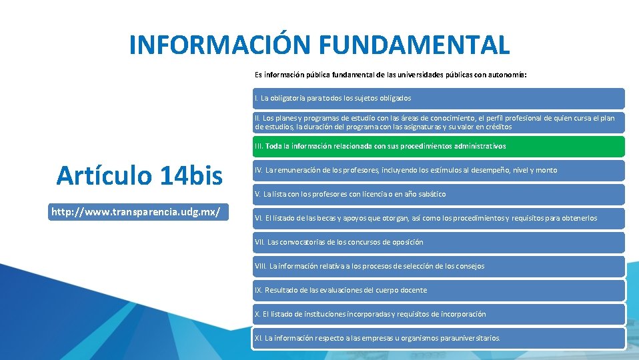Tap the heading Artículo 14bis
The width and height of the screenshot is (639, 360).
[139, 175]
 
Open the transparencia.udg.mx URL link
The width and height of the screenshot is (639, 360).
[136, 212]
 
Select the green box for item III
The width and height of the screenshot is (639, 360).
[438, 146]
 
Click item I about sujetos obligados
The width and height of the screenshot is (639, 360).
[438, 98]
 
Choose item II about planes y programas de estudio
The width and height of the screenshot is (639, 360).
[438, 122]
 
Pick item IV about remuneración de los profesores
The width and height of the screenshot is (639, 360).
[438, 170]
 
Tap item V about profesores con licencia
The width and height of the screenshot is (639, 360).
[438, 194]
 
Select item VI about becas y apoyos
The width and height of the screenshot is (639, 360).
[438, 218]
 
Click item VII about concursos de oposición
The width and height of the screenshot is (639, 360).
[438, 242]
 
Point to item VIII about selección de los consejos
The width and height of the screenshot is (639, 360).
[438, 266]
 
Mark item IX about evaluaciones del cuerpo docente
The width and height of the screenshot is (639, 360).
[438, 290]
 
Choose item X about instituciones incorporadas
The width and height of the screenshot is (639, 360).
[438, 314]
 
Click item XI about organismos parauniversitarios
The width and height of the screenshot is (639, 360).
[438, 338]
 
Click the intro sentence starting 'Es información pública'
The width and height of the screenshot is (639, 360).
[390, 75]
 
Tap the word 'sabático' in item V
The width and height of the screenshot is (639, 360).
[432, 194]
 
